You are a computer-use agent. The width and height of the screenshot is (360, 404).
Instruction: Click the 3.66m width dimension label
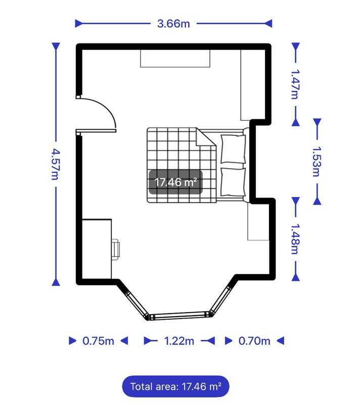[173, 24]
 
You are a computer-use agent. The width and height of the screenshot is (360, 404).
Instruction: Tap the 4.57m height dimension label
[55, 164]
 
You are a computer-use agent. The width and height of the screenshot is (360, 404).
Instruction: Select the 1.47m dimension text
[295, 84]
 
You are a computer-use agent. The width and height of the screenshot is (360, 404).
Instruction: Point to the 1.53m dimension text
[317, 162]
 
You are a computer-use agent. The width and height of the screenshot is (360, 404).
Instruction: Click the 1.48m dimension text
[295, 239]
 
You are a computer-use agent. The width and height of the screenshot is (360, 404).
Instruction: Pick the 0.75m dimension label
[98, 341]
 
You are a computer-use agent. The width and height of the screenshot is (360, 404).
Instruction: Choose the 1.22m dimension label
[179, 341]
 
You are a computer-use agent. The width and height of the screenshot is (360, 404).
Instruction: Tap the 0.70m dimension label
[254, 341]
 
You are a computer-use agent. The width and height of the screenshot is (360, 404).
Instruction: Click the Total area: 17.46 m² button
[175, 386]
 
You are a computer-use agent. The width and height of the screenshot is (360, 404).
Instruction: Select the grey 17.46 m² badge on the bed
[175, 182]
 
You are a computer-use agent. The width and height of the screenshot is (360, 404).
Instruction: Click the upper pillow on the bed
[233, 149]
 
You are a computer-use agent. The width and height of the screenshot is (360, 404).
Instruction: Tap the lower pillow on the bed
[233, 182]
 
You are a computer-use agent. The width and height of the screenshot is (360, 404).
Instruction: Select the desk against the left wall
[97, 249]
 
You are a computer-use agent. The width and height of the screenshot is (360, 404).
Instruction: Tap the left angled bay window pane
[137, 304]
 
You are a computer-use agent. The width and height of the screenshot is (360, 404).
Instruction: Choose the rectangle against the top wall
[175, 59]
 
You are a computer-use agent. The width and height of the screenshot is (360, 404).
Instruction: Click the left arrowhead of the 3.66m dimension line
[79, 24]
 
